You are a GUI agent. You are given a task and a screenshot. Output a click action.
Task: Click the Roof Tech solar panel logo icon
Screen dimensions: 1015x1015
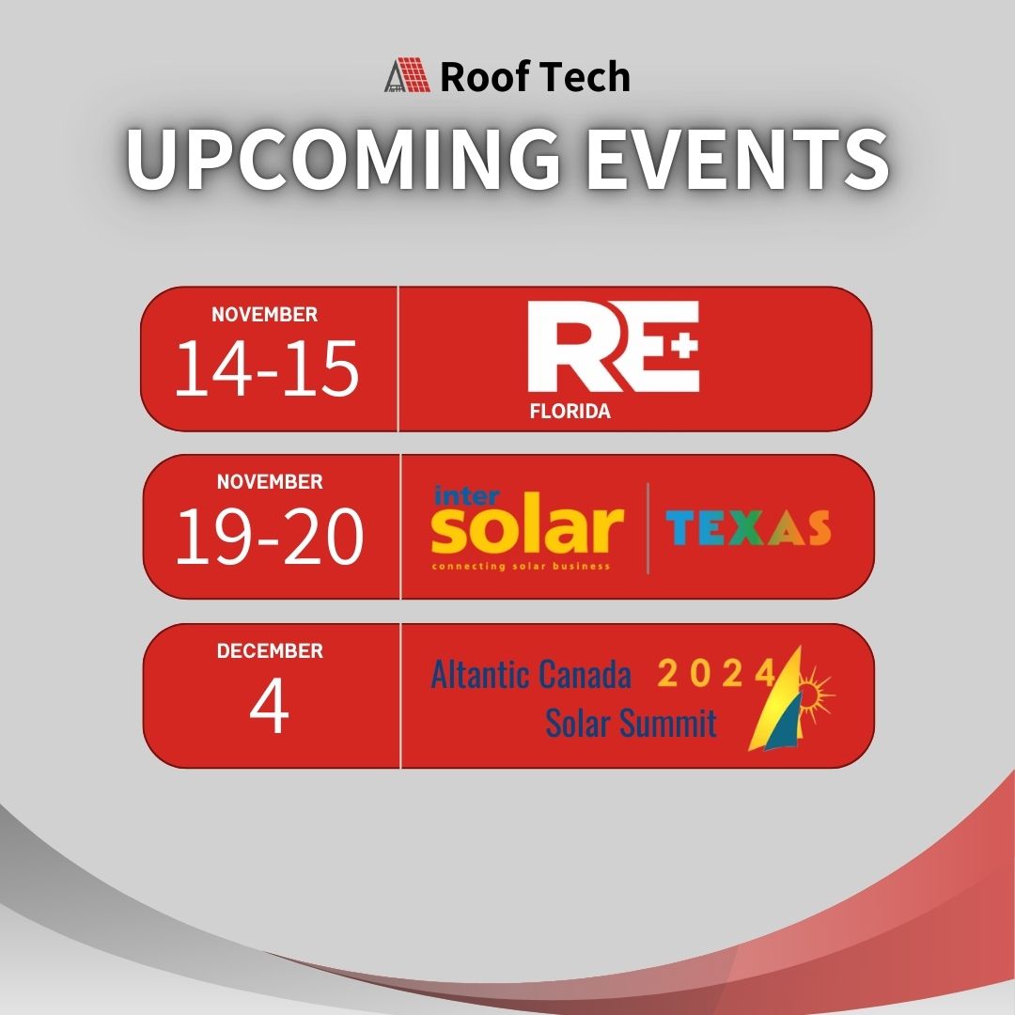[x=406, y=75]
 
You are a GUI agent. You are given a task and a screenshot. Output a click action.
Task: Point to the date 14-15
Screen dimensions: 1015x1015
[x=267, y=368]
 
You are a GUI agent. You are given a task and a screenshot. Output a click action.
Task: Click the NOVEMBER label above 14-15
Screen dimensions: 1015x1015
[x=264, y=315]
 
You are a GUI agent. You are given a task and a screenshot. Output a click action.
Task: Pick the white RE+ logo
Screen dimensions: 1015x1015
[x=613, y=347]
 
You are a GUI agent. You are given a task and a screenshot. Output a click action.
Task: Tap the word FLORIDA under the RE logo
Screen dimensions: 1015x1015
[x=570, y=411]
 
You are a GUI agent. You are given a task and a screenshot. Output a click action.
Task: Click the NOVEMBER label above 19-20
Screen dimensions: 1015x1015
[x=270, y=482]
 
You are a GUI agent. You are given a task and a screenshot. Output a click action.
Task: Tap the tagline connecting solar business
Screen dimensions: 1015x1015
[x=521, y=567]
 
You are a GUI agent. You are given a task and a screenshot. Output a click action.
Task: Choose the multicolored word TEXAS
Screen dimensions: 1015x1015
[x=748, y=529]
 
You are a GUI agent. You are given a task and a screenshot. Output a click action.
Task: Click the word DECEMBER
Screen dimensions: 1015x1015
[x=270, y=650]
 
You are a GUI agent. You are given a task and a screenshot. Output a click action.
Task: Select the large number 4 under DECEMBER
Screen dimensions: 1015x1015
[x=269, y=710]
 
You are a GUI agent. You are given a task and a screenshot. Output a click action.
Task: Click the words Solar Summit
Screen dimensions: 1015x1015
[x=631, y=723]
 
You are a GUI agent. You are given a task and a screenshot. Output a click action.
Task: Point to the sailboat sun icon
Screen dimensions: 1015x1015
[x=788, y=700]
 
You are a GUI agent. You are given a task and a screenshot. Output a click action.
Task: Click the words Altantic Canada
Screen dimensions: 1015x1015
[x=531, y=674]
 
